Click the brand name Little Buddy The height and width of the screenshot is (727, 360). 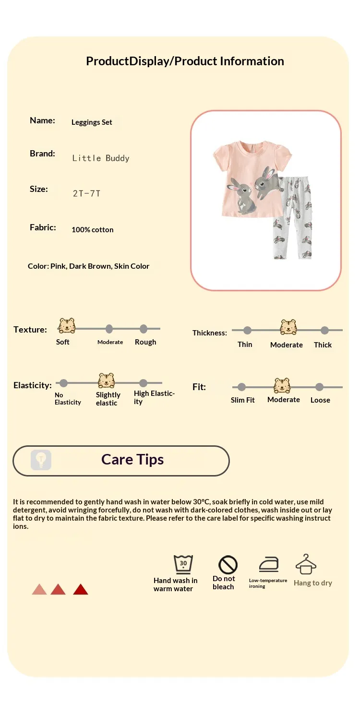point(101,158)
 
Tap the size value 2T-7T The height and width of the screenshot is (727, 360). point(86,193)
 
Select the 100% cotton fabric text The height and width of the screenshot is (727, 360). point(93,230)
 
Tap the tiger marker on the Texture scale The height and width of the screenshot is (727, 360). point(67,325)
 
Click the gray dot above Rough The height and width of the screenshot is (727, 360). point(144,329)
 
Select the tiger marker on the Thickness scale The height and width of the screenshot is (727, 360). point(288,327)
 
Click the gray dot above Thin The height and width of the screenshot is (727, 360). point(247,331)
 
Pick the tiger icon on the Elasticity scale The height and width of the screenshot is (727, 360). point(107,381)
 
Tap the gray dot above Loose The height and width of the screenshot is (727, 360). point(319,387)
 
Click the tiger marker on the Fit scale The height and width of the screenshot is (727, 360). point(282,385)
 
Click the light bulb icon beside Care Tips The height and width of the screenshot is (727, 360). point(41,460)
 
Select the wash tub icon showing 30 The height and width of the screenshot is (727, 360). point(183,564)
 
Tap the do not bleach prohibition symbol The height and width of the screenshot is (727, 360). point(228,565)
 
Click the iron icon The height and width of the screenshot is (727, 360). point(269,565)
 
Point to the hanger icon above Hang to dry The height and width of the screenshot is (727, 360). point(306,564)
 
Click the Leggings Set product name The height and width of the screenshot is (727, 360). point(92,122)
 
